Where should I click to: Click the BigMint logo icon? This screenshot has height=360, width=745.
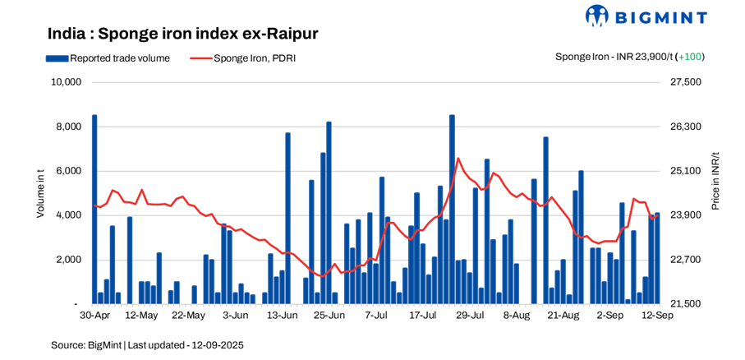pyautogui.click(x=596, y=16)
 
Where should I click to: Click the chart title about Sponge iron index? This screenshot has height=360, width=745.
pyautogui.click(x=182, y=34)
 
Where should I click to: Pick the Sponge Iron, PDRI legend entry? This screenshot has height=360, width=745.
pyautogui.click(x=244, y=58)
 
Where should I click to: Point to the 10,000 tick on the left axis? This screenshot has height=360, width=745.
pyautogui.click(x=65, y=82)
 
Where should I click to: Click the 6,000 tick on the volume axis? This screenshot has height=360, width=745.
pyautogui.click(x=68, y=171)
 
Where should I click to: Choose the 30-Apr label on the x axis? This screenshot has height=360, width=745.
pyautogui.click(x=94, y=316)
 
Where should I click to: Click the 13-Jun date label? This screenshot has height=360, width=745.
pyautogui.click(x=283, y=316)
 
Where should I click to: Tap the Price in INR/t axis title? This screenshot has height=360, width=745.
pyautogui.click(x=715, y=181)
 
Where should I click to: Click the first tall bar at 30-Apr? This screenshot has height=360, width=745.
pyautogui.click(x=94, y=210)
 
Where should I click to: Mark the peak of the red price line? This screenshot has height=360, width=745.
pyautogui.click(x=458, y=158)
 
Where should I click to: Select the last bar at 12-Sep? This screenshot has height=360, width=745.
pyautogui.click(x=657, y=258)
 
